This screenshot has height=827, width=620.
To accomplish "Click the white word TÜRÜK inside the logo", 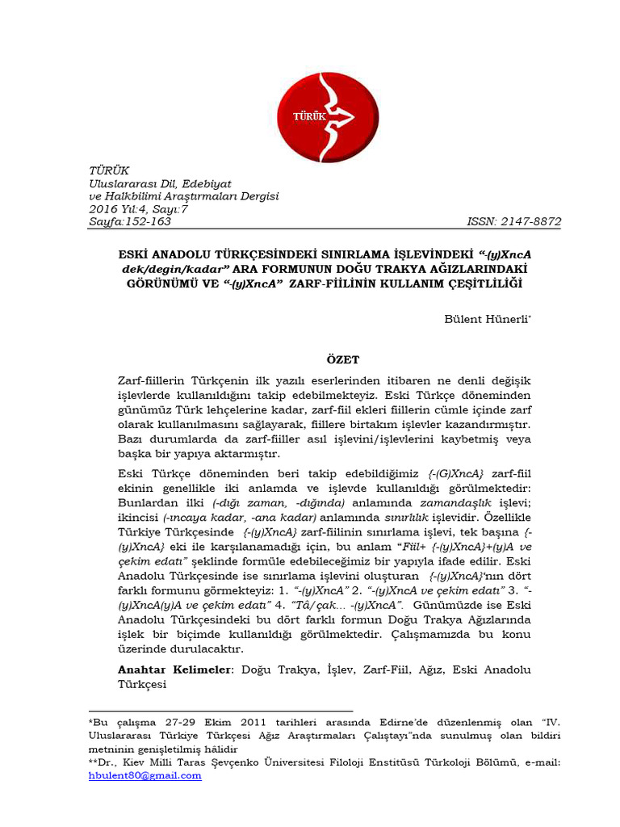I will click(309, 116).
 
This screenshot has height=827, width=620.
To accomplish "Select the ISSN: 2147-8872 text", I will click(513, 221).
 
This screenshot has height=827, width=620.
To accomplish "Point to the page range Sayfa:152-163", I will click(129, 221).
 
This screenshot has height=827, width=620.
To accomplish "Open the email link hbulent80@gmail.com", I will click(145, 775).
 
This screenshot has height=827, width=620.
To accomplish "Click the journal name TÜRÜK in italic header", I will click(108, 170).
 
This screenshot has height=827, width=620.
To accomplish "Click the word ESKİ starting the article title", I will click(135, 254).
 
